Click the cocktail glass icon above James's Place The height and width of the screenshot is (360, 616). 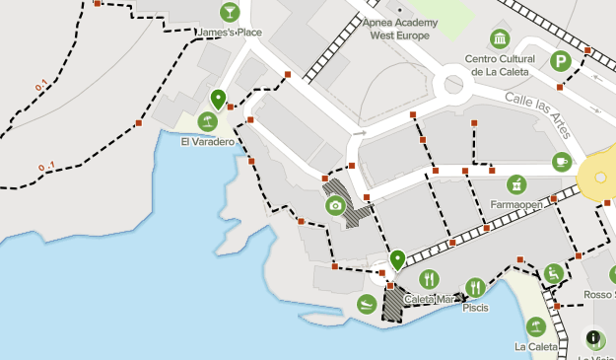pyautogui.click(x=229, y=12)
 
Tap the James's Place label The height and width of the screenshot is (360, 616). pyautogui.click(x=230, y=33)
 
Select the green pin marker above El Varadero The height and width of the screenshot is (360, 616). pyautogui.click(x=218, y=99)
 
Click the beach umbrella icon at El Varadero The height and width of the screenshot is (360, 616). pyautogui.click(x=207, y=121)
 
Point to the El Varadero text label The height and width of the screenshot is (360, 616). pyautogui.click(x=207, y=141)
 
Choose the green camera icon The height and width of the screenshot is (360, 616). pyautogui.click(x=335, y=205)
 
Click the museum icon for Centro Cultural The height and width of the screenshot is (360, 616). pyautogui.click(x=500, y=39)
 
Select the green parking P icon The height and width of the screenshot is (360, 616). pyautogui.click(x=560, y=60)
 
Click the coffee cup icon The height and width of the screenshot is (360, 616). pyautogui.click(x=562, y=161)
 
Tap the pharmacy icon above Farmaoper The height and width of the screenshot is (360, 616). pyautogui.click(x=515, y=184)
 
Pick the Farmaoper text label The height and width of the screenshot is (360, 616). pyautogui.click(x=515, y=205)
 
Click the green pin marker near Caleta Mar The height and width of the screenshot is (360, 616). pyautogui.click(x=397, y=260)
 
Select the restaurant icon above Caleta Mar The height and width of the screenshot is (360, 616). pyautogui.click(x=428, y=279)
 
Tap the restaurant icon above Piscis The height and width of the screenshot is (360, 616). pyautogui.click(x=475, y=287)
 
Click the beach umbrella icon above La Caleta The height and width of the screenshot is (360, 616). pyautogui.click(x=535, y=326)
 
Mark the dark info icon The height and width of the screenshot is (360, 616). pyautogui.click(x=594, y=338)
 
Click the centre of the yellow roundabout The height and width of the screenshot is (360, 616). pyautogui.click(x=599, y=176)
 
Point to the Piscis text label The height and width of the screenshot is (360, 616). pyautogui.click(x=475, y=308)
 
